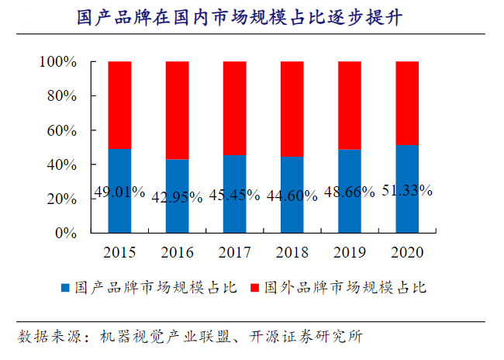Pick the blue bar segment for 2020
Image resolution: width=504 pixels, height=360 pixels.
(x=407, y=213)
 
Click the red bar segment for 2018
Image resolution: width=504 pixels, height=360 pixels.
(x=292, y=109)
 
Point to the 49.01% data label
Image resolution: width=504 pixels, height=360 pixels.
(x=119, y=191)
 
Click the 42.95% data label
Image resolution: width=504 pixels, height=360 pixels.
(x=178, y=196)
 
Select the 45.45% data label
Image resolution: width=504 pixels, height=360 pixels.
(x=235, y=196)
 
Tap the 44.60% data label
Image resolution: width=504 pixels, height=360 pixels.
(x=292, y=196)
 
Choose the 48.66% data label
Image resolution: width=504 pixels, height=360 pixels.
(x=350, y=192)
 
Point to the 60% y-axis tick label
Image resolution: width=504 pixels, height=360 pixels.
(x=61, y=130)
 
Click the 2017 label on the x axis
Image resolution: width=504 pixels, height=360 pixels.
(x=235, y=252)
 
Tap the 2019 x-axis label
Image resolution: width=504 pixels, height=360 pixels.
(x=350, y=252)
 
